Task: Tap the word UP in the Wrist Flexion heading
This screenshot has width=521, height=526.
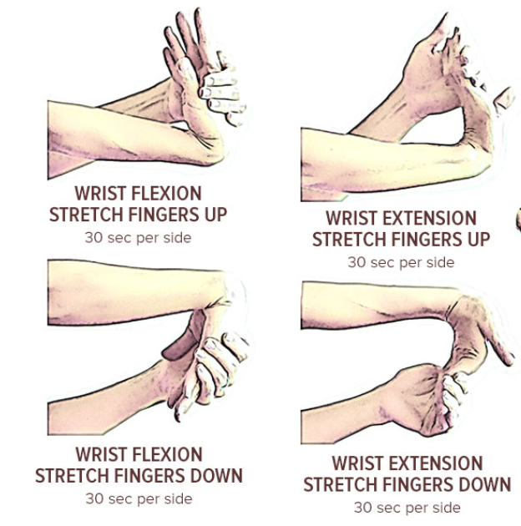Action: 215,215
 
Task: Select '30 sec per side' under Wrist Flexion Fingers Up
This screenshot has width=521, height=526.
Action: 138,238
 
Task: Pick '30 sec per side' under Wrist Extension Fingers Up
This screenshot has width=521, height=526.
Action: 401,262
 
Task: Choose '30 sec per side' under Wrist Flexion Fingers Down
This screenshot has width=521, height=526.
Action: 139,499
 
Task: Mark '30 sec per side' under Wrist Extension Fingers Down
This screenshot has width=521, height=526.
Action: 407,508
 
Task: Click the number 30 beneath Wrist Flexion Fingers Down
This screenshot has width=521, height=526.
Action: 94,499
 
